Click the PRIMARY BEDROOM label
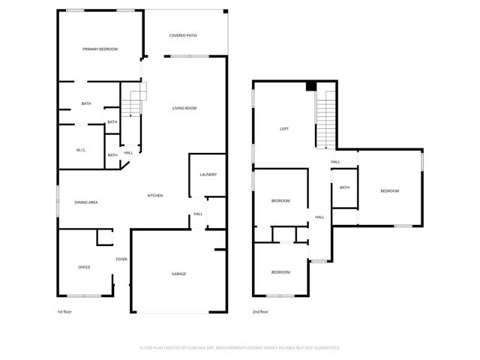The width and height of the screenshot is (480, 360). (x=100, y=49)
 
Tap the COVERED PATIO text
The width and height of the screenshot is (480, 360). (x=183, y=35)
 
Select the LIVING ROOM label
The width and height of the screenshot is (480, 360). (x=184, y=109)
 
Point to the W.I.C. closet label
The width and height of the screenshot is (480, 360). (x=81, y=150)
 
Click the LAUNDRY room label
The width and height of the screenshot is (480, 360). (x=208, y=175)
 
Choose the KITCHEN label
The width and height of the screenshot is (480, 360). (x=155, y=196)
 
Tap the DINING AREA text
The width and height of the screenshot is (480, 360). (x=86, y=202)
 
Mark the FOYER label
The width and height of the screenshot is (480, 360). (x=121, y=259)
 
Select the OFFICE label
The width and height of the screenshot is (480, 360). (x=84, y=267)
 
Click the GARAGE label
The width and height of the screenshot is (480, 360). (x=178, y=274)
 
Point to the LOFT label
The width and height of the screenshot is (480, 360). (x=284, y=129)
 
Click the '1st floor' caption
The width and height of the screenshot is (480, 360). (x=64, y=311)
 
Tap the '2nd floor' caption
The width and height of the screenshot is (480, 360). (x=261, y=311)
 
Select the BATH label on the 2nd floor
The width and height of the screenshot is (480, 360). (x=344, y=187)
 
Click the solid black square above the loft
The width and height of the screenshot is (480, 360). (x=310, y=86)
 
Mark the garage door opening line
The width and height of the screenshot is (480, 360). (x=178, y=312)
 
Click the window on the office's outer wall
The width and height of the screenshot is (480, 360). (x=91, y=295)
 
